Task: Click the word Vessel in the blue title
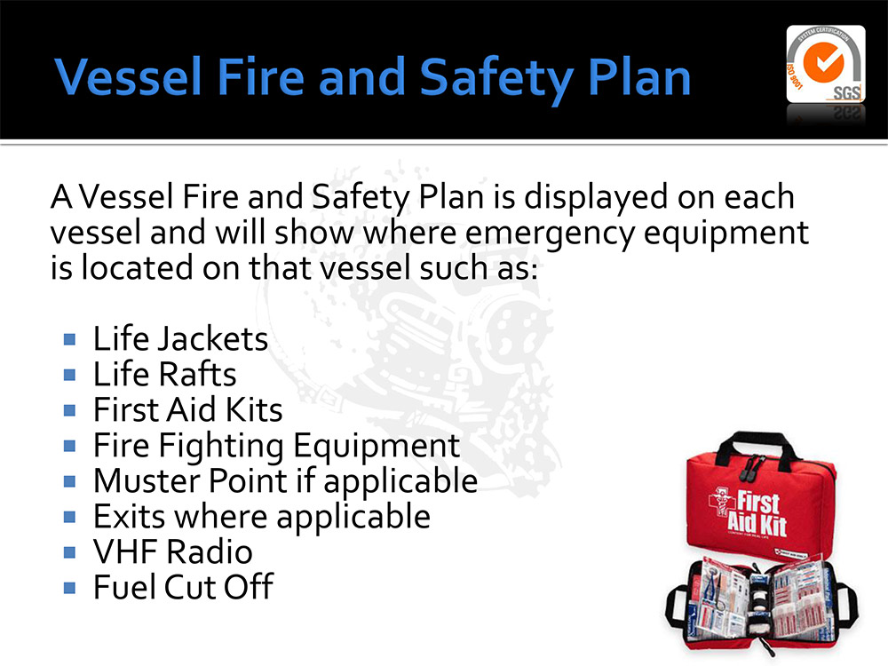pyautogui.click(x=129, y=76)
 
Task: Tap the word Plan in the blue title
pyautogui.click(x=639, y=76)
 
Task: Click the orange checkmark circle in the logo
pyautogui.click(x=823, y=62)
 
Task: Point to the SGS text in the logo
pyautogui.click(x=846, y=93)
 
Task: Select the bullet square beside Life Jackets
pyautogui.click(x=69, y=339)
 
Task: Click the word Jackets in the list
pyautogui.click(x=212, y=338)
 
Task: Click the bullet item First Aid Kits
pyautogui.click(x=187, y=409)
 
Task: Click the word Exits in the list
pyautogui.click(x=129, y=517)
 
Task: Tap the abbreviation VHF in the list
pyautogui.click(x=125, y=551)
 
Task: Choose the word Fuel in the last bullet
pyautogui.click(x=125, y=587)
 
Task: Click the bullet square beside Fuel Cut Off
pyautogui.click(x=69, y=588)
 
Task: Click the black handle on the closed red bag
pyautogui.click(x=757, y=447)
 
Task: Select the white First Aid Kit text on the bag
pyautogui.click(x=757, y=513)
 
